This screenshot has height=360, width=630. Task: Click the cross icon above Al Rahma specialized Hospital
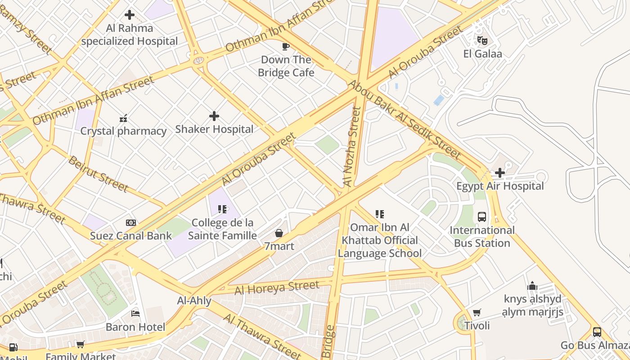[x=130, y=15]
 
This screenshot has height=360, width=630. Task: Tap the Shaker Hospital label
[x=214, y=129]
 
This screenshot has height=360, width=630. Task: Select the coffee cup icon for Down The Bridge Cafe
[x=285, y=46]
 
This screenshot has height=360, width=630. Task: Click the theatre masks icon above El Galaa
[x=482, y=40]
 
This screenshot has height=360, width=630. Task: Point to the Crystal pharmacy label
[x=123, y=131]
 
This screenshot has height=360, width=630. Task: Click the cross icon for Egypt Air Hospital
[x=499, y=173]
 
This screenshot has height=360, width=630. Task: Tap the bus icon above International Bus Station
[x=482, y=216]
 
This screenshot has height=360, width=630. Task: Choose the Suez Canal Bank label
[x=131, y=236]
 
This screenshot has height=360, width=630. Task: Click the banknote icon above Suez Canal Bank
[x=131, y=223]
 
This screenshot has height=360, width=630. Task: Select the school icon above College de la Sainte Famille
[x=222, y=209]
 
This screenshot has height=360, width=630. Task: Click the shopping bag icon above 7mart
[x=279, y=233]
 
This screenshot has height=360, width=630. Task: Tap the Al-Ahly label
[x=194, y=300]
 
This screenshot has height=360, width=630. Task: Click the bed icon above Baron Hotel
[x=135, y=313]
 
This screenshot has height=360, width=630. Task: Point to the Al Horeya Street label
[x=277, y=288]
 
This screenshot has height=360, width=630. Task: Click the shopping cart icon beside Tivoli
[x=477, y=312]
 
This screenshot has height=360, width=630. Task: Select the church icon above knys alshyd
[x=532, y=286]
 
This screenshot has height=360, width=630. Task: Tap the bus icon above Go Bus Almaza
[x=597, y=332]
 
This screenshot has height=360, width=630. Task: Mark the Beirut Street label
[x=98, y=174]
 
